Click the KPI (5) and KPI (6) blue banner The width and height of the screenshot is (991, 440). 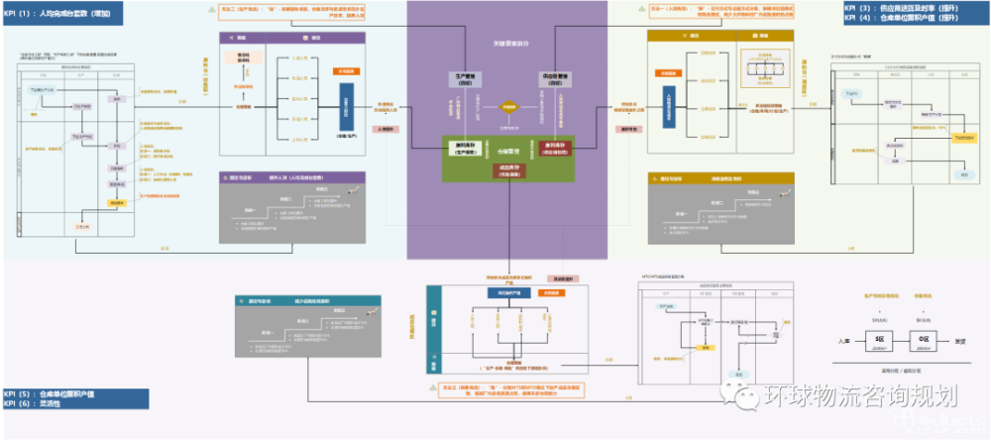(x=74, y=399)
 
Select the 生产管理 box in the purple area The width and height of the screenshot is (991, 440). (x=466, y=77)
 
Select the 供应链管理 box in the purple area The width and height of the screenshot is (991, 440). (x=553, y=77)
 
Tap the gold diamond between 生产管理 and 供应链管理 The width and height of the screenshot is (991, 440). (x=509, y=106)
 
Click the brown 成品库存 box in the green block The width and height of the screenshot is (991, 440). (x=509, y=169)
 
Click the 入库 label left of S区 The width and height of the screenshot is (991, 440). (x=844, y=342)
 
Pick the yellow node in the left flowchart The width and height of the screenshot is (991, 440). (x=116, y=201)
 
